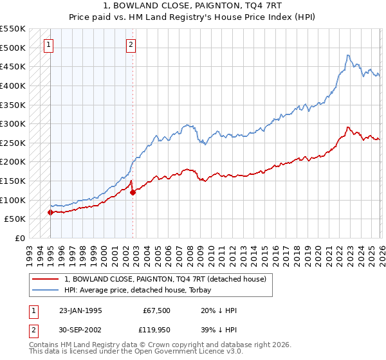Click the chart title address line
click(x=192, y=5)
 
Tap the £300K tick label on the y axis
click(x=13, y=123)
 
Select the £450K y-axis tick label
click(x=13, y=66)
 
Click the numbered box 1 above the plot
click(x=50, y=44)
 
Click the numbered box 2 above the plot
click(x=131, y=44)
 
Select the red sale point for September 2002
click(x=133, y=192)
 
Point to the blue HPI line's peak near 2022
click(x=347, y=55)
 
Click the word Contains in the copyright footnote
click(x=44, y=345)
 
